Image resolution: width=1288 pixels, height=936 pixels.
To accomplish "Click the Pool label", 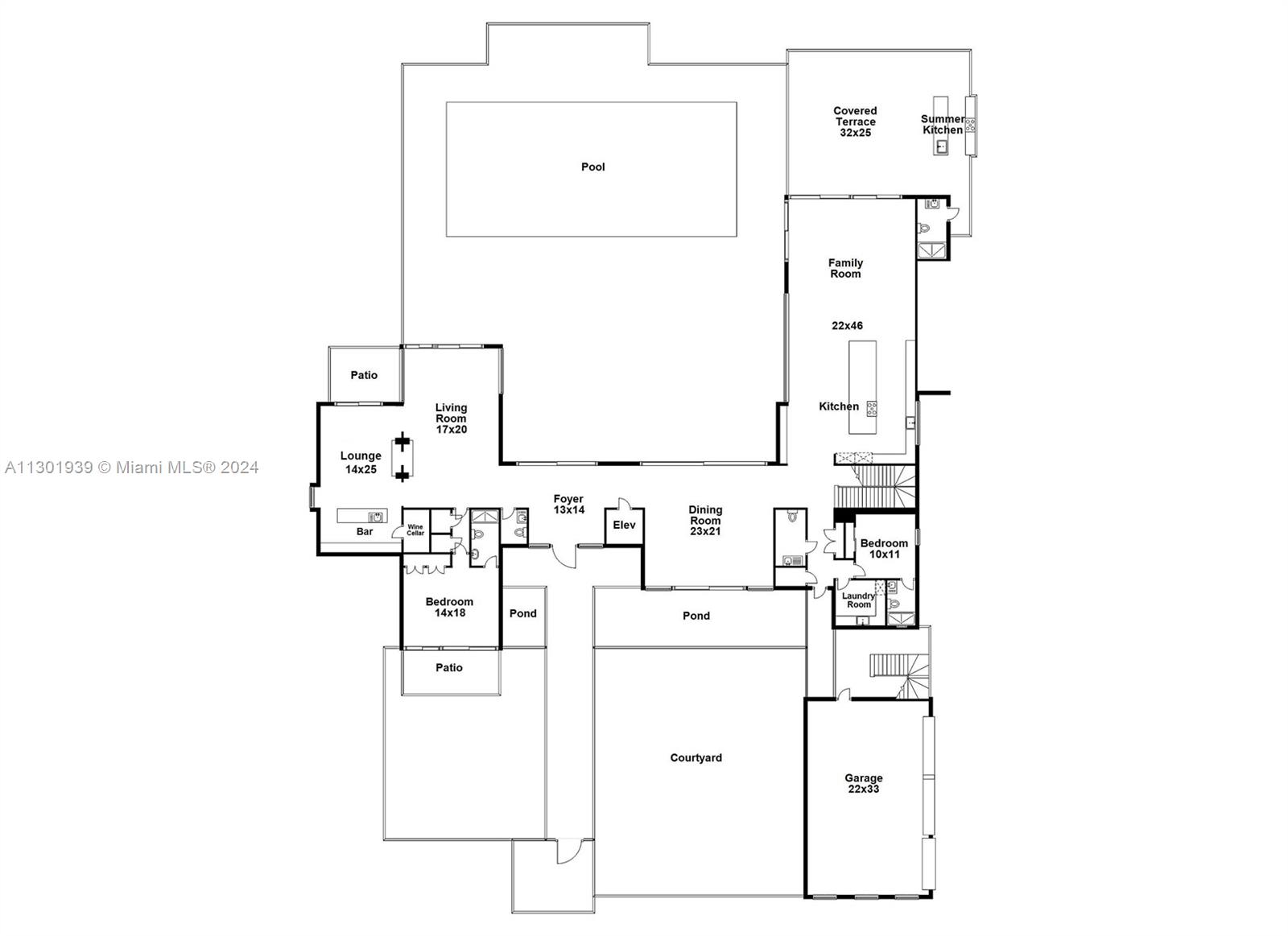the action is (592, 167).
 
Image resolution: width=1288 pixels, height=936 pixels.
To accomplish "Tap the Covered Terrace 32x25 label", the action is (855, 122).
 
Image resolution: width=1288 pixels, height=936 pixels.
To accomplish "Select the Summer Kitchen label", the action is (943, 124).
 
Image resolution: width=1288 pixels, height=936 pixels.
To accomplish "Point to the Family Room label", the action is (845, 268).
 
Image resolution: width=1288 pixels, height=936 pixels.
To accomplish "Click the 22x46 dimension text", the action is (847, 325).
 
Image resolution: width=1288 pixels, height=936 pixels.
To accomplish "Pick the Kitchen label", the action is (838, 406).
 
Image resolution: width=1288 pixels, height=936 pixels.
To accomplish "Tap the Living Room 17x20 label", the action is (451, 418).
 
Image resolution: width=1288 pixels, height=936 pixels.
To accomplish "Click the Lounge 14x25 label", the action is (361, 462).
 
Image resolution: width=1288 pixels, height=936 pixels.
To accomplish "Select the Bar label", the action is (365, 531).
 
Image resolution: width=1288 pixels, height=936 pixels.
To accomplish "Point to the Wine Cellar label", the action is (415, 530).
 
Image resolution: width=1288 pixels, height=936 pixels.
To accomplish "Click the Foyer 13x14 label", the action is (568, 505).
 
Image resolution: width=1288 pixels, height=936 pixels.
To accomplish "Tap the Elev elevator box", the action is (624, 526).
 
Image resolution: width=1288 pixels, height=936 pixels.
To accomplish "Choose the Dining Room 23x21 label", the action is (705, 521).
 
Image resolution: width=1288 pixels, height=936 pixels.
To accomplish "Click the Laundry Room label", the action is (858, 600).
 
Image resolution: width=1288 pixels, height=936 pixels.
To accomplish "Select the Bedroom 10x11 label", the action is (884, 549).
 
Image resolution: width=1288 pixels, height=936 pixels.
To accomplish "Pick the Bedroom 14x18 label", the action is (449, 607).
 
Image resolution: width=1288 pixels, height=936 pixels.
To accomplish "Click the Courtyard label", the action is (696, 758).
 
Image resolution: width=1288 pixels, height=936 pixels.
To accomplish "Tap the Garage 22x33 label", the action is (863, 783).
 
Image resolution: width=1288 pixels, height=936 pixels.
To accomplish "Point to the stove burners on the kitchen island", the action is (872, 409).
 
